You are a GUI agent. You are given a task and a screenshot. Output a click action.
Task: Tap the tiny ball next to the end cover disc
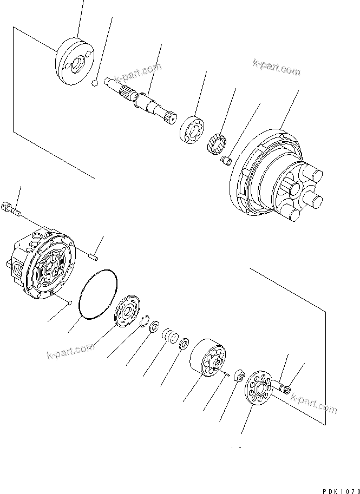coord(94,83)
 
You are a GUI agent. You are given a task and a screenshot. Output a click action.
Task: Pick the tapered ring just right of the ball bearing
coord(217,143)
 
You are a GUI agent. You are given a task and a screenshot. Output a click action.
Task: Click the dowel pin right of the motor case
coord(94,248)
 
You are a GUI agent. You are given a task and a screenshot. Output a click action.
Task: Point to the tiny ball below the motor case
coord(70,302)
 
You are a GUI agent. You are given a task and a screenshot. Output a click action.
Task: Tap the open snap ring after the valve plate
coord(145,324)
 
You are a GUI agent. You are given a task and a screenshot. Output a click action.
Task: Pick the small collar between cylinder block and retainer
coord(238,376)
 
